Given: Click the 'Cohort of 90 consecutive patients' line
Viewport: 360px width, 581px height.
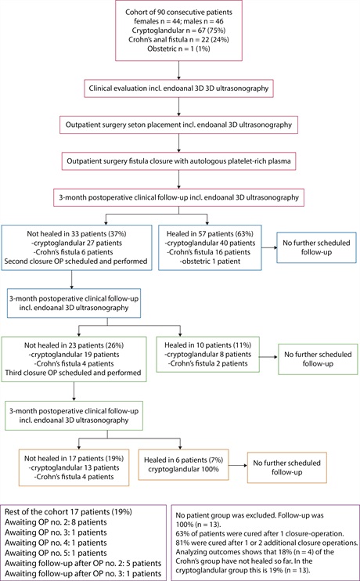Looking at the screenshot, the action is point(179,12).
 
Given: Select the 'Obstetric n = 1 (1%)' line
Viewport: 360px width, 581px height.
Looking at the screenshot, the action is point(179,49).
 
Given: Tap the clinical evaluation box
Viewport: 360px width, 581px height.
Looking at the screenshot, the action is point(179,88).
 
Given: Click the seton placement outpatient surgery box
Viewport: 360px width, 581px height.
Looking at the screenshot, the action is point(179,125).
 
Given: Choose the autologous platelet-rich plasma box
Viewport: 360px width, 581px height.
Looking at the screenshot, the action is point(179,161).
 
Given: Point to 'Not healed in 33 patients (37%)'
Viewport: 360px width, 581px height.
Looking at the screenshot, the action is point(76,234).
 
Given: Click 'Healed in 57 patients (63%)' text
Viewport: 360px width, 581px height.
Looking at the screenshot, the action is point(210,234).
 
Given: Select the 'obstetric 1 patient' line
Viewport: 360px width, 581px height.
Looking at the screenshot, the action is point(210,262).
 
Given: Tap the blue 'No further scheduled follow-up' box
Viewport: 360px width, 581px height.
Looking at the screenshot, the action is point(316,247).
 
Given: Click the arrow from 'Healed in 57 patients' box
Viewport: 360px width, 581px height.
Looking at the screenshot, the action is point(269,247).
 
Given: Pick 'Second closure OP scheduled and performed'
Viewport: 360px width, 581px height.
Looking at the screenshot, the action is point(76,262).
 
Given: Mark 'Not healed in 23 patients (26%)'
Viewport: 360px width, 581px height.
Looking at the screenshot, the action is point(74,345).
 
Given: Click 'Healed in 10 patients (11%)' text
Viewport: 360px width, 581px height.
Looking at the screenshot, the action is point(207,345).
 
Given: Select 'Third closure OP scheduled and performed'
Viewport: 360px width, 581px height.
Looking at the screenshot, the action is point(74,373).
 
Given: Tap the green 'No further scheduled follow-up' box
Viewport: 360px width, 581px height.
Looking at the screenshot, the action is point(318,359).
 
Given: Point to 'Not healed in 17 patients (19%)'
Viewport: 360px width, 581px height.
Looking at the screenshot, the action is point(74,458).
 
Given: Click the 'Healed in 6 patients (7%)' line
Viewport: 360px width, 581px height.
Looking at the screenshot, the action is point(184,460).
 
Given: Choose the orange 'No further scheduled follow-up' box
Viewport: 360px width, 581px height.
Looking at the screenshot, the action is point(286,467).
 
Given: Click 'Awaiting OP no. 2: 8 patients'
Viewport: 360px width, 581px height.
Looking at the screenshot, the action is point(56,522).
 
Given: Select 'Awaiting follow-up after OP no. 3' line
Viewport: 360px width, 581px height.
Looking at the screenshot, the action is point(83,574).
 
